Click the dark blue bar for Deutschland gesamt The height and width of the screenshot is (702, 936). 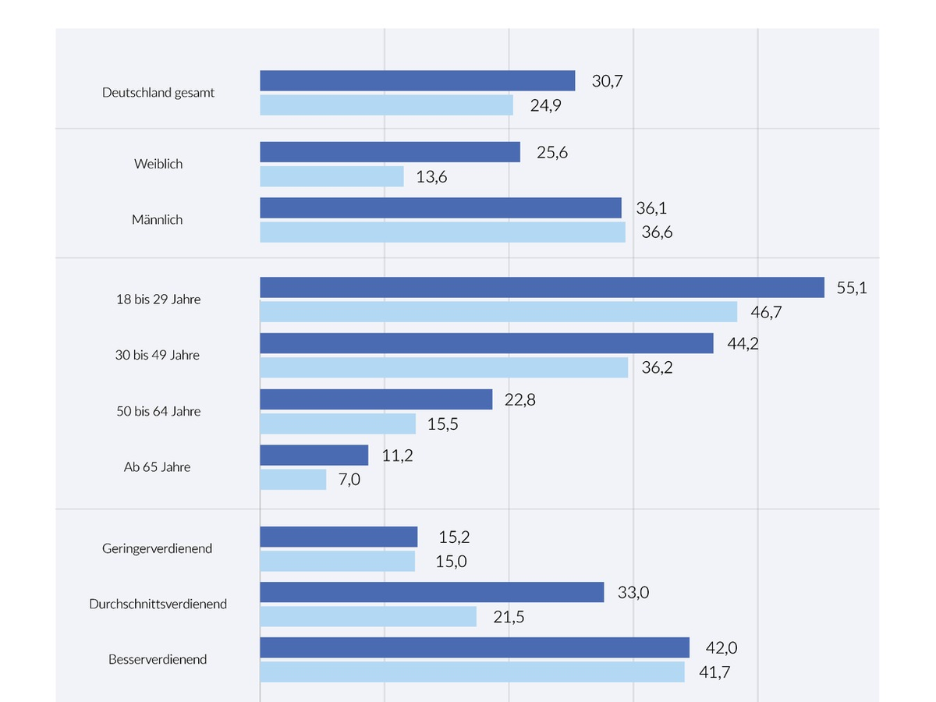pos(417,80)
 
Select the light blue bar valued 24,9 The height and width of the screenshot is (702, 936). pos(386,105)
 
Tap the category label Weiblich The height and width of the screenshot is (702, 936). pos(158,164)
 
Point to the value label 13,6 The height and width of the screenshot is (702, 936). pos(431,177)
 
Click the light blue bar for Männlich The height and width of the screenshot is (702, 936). pos(442,232)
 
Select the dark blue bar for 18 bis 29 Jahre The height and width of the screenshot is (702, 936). pos(542,287)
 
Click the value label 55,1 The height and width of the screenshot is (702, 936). pos(852,288)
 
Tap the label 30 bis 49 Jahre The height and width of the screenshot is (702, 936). pos(158,355)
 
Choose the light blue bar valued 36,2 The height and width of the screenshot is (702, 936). pos(444,367)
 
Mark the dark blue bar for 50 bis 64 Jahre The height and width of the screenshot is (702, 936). pos(376,399)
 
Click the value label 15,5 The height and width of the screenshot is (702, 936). pos(443,424)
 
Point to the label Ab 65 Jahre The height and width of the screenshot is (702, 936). pos(157,467)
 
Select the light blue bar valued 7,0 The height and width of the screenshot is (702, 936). pos(292,480)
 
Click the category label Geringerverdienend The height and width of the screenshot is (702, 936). pos(157,548)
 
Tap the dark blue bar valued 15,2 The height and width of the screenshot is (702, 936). pos(339,537)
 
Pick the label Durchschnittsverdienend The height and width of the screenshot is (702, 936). pos(158,604)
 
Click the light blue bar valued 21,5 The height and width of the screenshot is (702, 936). pos(368,617)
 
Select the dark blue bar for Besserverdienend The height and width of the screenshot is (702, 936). pos(474,647)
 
